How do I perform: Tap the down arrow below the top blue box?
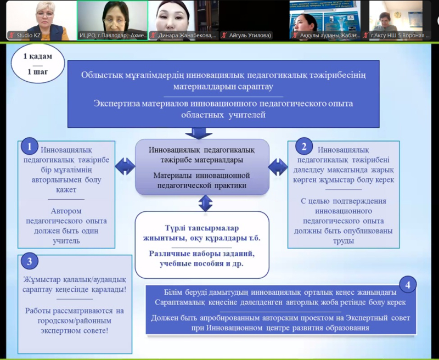click(199, 132)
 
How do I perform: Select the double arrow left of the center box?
click(125, 166)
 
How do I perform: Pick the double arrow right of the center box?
click(279, 166)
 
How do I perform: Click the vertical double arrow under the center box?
click(205, 204)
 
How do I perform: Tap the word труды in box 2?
click(343, 240)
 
